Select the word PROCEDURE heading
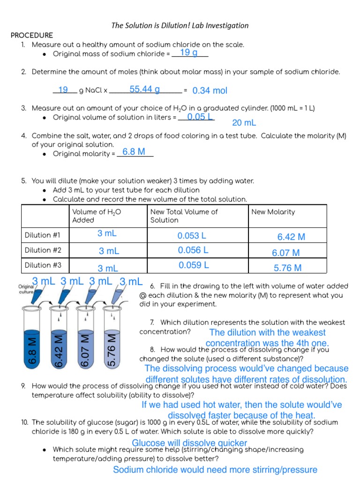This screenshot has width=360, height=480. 32,36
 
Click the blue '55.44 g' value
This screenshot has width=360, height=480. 144,89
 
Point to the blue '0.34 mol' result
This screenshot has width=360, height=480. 210,90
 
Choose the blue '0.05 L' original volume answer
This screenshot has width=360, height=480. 200,117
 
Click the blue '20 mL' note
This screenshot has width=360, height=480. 244,123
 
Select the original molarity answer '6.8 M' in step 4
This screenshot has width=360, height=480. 134,152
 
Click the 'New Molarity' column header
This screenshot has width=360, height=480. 273,212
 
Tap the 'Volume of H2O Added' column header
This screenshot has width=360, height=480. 97,216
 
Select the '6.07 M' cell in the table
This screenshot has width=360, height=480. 285,253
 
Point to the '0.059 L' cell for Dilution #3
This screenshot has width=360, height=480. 194,265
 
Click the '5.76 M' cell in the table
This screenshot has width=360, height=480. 287,269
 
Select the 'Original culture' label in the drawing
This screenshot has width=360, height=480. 25,289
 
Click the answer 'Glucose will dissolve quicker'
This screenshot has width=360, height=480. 189,443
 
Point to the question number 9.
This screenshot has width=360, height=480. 23,386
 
